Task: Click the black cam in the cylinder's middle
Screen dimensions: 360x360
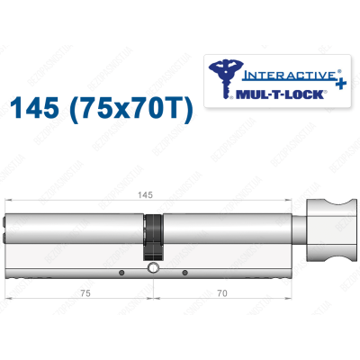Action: coord(155,241)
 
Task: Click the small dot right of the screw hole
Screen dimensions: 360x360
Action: coord(184,272)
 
